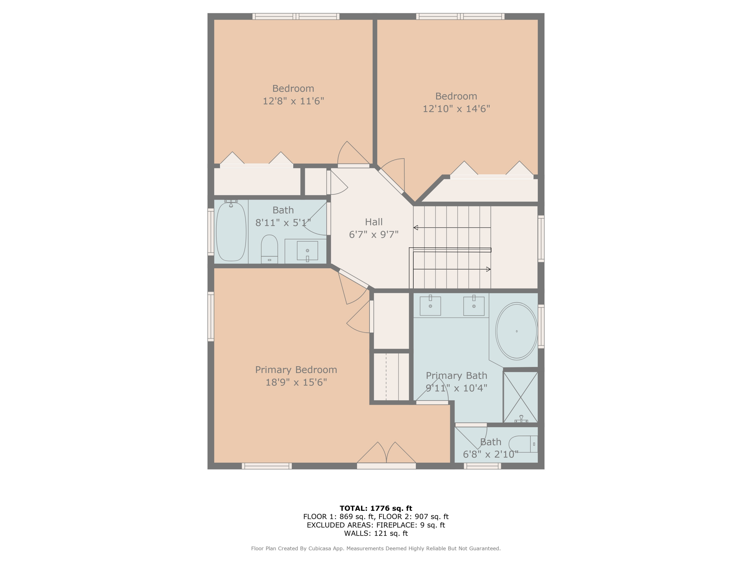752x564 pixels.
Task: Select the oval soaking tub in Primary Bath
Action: pos(516,331)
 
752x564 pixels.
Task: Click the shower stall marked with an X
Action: pos(520,397)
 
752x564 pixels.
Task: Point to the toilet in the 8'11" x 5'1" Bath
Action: pos(269,248)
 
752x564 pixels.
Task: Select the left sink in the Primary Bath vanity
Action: pos(430,306)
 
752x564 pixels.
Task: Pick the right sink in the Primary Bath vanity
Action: pos(474,306)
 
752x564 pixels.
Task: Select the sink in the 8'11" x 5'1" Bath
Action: pos(307,251)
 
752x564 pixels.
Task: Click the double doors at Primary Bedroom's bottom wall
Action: pos(386,454)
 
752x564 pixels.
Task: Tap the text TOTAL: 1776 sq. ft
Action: pos(376,508)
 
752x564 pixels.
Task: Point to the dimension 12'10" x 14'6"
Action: pos(456,109)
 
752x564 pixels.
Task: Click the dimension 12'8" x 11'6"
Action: pos(293,101)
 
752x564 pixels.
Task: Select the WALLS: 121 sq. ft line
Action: pos(376,533)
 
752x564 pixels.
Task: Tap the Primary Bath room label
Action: pos(456,376)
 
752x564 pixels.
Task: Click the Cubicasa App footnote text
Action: pos(376,548)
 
